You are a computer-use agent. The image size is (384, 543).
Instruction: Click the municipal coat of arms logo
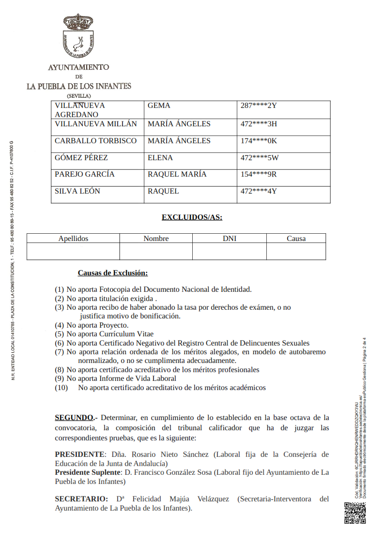click(x=78, y=36)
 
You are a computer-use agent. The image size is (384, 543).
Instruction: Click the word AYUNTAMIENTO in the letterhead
click(x=78, y=67)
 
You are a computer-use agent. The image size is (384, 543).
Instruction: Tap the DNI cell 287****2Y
click(x=258, y=106)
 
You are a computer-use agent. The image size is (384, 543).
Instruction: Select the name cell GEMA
click(x=159, y=106)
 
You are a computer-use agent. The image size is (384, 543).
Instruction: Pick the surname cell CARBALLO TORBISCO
click(x=96, y=141)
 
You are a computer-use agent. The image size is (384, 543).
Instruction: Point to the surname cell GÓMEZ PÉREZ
click(x=81, y=158)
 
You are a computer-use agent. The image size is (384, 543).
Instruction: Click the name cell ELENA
click(x=160, y=158)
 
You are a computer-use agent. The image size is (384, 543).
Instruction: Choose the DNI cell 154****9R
click(x=259, y=174)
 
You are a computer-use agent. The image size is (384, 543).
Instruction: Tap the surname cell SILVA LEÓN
click(x=77, y=191)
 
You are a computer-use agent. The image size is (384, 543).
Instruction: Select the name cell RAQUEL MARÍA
click(x=177, y=174)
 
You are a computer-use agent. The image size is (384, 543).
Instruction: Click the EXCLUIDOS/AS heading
click(x=192, y=217)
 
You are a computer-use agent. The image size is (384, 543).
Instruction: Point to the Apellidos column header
click(x=73, y=239)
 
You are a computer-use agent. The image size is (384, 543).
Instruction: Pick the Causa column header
click(x=296, y=239)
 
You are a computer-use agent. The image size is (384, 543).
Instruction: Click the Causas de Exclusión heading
click(x=113, y=273)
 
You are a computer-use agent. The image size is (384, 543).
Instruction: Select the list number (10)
click(x=61, y=388)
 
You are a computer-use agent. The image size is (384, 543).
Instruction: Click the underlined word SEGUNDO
click(x=74, y=417)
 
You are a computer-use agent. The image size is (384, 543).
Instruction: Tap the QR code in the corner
click(x=355, y=513)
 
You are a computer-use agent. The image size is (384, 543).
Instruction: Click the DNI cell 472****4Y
click(x=259, y=191)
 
